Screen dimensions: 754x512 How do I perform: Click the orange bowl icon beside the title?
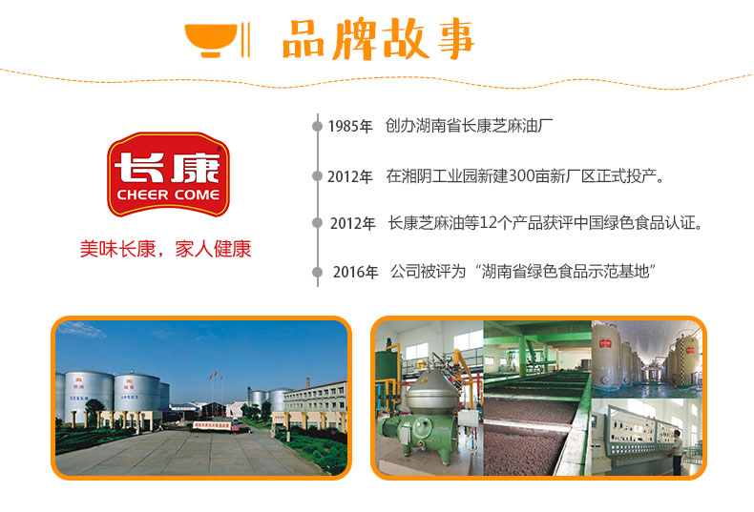(211, 40)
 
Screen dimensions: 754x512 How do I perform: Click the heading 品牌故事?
(379, 39)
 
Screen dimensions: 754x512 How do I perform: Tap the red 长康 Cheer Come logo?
(168, 174)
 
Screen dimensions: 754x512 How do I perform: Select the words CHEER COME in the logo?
(168, 195)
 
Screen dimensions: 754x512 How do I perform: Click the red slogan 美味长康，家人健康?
(165, 249)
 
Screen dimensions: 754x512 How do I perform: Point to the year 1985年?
(350, 126)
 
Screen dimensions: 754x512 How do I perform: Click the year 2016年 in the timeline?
(355, 273)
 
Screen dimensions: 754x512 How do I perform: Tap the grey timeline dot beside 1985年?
(318, 126)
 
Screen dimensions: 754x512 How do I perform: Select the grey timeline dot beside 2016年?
(318, 273)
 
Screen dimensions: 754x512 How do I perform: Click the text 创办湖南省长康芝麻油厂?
(469, 126)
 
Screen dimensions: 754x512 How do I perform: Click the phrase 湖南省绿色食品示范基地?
(565, 272)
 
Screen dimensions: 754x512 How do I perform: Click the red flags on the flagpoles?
(215, 374)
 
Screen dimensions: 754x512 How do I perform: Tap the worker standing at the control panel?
(677, 452)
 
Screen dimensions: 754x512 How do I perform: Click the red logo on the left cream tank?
(604, 343)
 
